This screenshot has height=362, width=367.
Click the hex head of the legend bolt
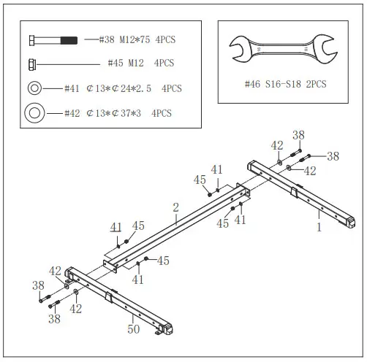pyautogui.click(x=33, y=39)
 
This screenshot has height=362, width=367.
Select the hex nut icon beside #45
pyautogui.click(x=34, y=63)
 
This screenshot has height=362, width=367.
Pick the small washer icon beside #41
pyautogui.click(x=34, y=88)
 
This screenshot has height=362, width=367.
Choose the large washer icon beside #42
pyautogui.click(x=34, y=114)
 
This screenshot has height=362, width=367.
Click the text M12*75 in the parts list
pyautogui.click(x=133, y=39)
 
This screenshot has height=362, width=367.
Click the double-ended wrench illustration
pyautogui.click(x=284, y=50)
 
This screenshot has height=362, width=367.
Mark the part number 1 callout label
pyautogui.click(x=319, y=226)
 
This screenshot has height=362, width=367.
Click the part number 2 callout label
pyautogui.click(x=175, y=208)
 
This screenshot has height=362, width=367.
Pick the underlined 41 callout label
pyautogui.click(x=116, y=227)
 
